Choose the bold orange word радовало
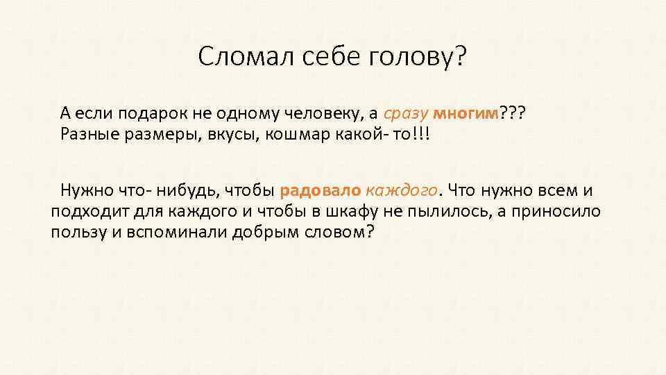click(320, 190)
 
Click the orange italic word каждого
click(402, 190)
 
